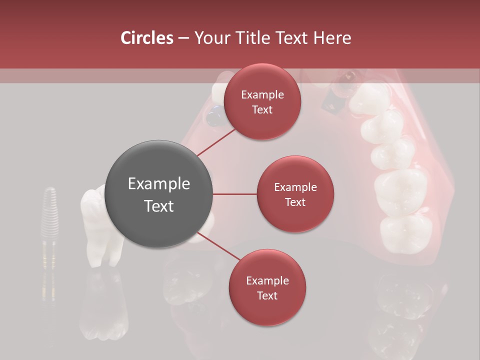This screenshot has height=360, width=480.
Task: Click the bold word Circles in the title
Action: [147, 38]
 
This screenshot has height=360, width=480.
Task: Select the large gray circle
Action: [159, 194]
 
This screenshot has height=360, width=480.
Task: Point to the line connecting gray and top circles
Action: [216, 142]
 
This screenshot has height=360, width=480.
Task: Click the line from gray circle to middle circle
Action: [234, 194]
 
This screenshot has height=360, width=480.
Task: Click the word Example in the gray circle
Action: [159, 184]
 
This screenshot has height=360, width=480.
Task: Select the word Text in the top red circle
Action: [262, 110]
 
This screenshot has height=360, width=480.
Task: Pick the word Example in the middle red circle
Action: [295, 187]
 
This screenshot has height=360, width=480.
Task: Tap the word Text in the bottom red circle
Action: [267, 296]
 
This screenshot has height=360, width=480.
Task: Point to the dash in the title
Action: [183, 38]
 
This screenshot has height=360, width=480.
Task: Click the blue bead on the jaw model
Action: [215, 117]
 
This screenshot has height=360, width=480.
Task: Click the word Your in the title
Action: [209, 38]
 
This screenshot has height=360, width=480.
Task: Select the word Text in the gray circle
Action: [159, 206]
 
